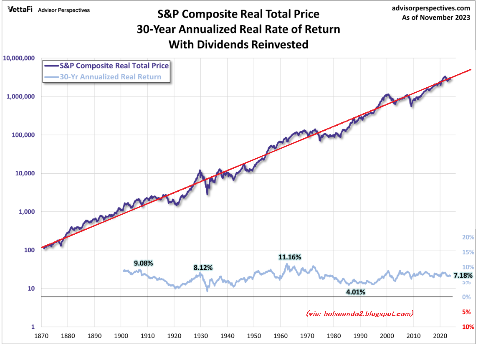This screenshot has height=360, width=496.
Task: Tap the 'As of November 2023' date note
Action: tap(436, 18)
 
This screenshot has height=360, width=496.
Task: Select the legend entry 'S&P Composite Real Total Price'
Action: tap(114, 66)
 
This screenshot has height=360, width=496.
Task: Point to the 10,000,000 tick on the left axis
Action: tap(19, 58)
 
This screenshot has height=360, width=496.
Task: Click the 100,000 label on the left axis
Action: tap(23, 135)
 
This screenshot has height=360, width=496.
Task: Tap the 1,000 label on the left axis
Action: tap(27, 212)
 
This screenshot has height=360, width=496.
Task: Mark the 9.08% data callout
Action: tap(144, 264)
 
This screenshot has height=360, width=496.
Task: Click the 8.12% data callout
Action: tap(203, 267)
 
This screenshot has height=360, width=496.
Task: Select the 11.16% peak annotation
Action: tap(290, 257)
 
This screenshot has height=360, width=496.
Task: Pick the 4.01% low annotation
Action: tap(356, 292)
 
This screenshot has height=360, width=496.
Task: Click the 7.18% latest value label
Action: tap(463, 276)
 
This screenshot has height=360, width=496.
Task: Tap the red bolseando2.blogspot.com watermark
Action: tap(359, 313)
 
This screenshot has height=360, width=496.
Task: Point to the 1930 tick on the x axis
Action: tap(201, 335)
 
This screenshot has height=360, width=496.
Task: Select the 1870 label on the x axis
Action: tap(41, 335)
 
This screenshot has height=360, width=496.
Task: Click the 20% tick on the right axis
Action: tap(468, 237)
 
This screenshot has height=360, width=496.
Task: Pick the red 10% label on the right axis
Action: tap(468, 327)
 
